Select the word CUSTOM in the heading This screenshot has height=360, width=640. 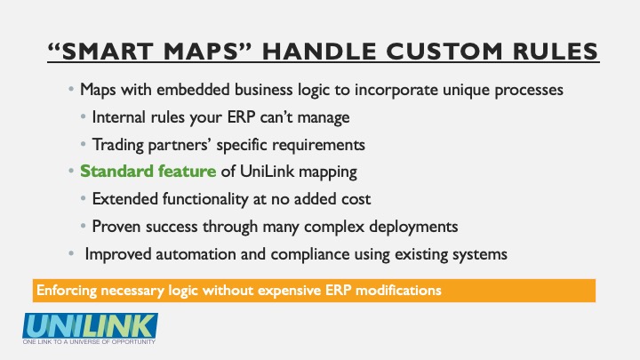point(444,52)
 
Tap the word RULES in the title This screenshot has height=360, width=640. point(556,52)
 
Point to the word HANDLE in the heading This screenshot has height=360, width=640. point(319,52)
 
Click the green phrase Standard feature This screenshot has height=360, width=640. point(148,171)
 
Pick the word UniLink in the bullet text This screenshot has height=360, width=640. point(267,171)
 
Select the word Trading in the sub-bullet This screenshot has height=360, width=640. point(117,145)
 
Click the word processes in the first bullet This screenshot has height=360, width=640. point(529,90)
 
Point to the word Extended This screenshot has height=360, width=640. point(125,199)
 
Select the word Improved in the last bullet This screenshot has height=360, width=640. point(118,254)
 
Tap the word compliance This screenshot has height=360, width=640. point(310,254)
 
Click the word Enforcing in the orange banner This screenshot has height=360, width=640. point(66,291)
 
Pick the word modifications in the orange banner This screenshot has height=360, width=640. point(398,290)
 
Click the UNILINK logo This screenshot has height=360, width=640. point(90,325)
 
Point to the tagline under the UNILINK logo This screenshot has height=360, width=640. point(89,341)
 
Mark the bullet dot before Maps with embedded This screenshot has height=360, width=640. point(71,89)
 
